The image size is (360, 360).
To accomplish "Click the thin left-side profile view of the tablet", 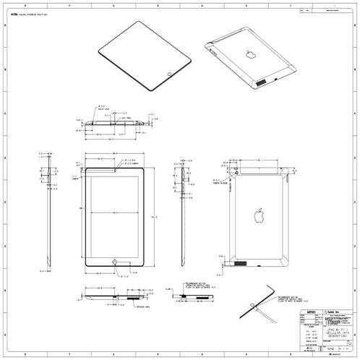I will [45, 217].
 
